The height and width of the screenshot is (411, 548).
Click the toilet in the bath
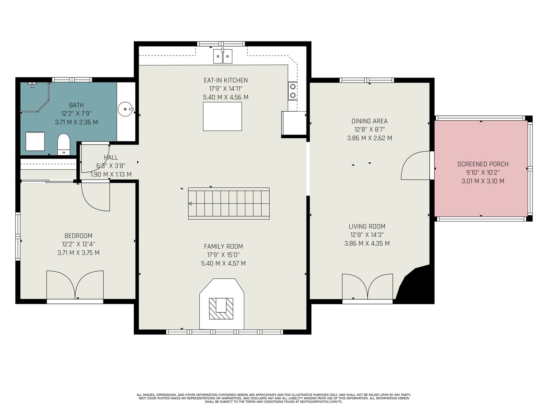[63, 144]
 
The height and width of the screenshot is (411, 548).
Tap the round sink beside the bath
[126, 109]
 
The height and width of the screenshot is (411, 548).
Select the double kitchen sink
[223, 56]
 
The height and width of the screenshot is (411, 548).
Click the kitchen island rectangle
[222, 116]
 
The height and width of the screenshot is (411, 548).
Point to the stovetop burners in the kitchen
[292, 91]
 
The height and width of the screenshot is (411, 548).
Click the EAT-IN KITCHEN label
[226, 80]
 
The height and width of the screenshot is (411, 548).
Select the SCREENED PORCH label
[483, 164]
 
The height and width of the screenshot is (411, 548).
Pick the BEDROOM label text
[78, 236]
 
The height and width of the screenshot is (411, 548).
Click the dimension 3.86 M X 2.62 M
[370, 138]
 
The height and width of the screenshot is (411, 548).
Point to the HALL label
[111, 157]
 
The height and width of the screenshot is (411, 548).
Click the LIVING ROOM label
[367, 226]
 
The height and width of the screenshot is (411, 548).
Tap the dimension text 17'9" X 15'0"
[223, 255]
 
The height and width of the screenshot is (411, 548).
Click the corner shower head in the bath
[32, 84]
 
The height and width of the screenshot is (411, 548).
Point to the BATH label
[76, 105]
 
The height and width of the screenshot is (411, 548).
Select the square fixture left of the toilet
[35, 141]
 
